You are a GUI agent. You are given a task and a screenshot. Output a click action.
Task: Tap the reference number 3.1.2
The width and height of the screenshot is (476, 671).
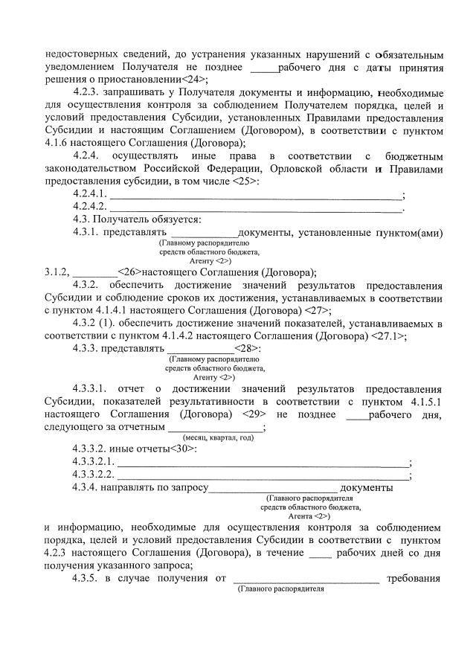coord(57,272)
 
